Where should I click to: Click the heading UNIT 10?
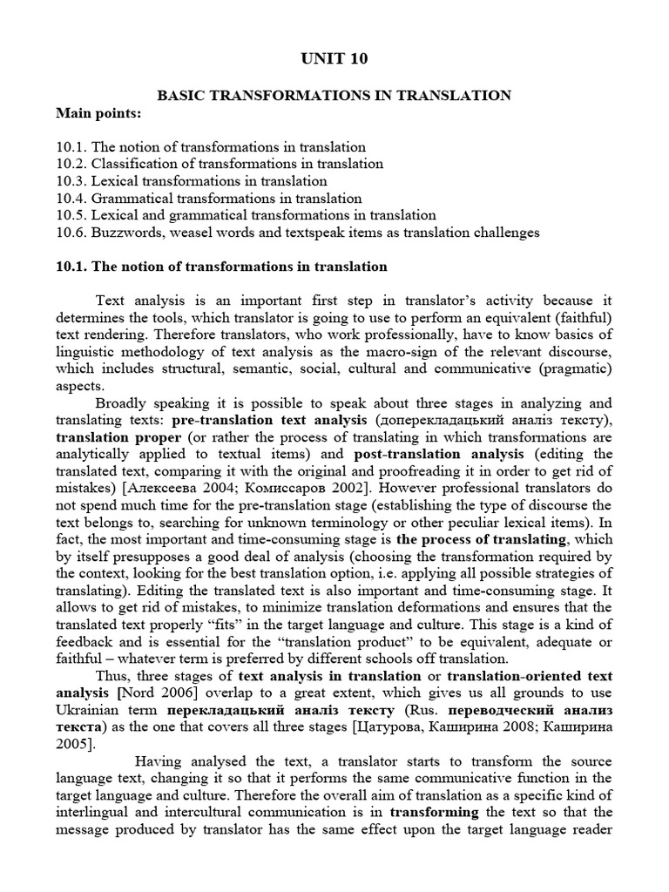334,59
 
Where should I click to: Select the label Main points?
97,113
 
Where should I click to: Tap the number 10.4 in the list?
69,198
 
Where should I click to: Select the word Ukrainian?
87,710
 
